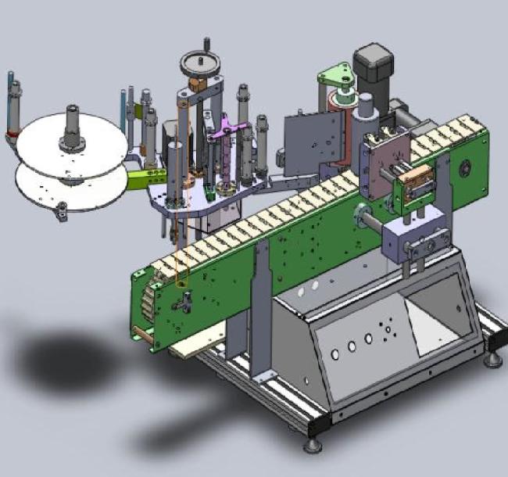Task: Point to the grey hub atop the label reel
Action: tap(73, 128)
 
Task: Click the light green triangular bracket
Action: tap(334, 77)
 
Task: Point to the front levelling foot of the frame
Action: tap(312, 444)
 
